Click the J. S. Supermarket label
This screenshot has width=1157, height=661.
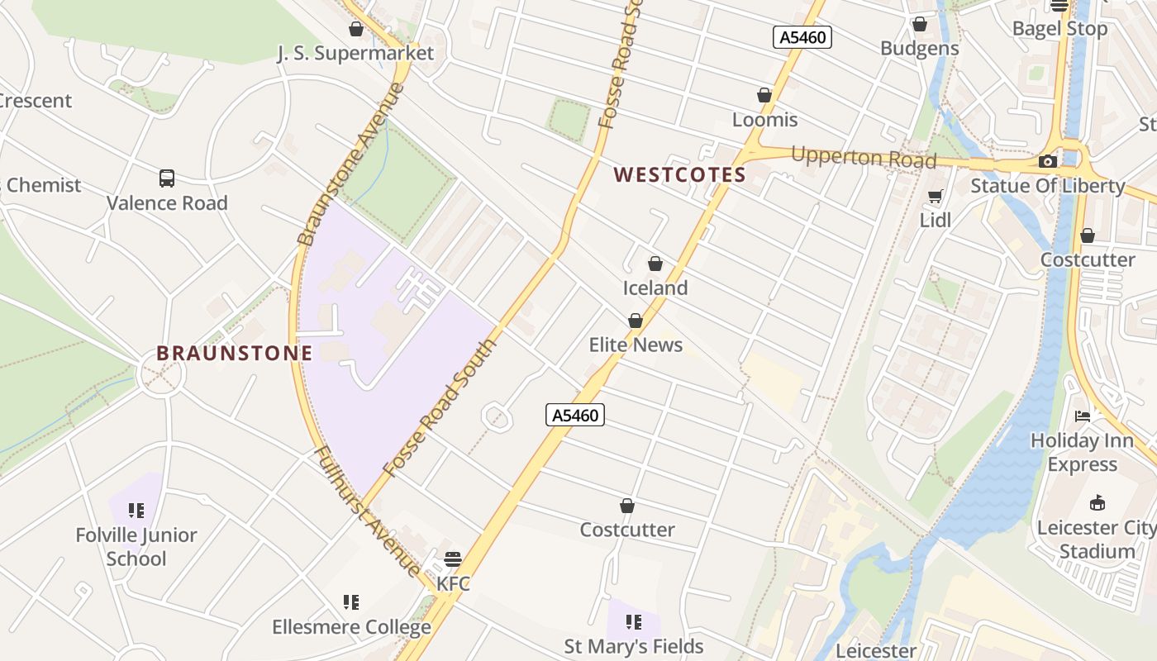(x=355, y=54)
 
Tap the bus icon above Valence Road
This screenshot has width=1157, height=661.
(x=167, y=178)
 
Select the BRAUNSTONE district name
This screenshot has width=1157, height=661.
(x=235, y=354)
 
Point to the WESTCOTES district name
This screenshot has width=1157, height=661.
(x=680, y=175)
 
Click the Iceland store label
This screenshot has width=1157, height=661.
(x=655, y=288)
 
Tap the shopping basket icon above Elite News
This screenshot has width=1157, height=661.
(x=636, y=321)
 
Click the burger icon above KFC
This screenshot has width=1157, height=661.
(x=452, y=559)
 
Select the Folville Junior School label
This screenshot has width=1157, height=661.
(x=136, y=547)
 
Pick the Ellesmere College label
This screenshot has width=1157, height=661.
(x=352, y=627)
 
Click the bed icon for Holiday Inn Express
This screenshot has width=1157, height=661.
(x=1082, y=416)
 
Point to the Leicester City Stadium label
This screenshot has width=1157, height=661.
(x=1097, y=540)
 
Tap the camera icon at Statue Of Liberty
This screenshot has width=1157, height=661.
(x=1048, y=161)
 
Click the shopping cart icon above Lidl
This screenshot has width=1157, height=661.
(x=936, y=197)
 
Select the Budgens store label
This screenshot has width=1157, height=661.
(x=920, y=48)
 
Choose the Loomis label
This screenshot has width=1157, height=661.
(x=765, y=120)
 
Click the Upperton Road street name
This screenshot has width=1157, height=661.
(x=864, y=157)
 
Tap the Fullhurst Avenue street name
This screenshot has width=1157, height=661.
(x=369, y=511)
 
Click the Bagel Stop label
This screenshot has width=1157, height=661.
(x=1060, y=29)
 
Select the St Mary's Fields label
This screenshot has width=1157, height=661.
(x=634, y=646)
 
